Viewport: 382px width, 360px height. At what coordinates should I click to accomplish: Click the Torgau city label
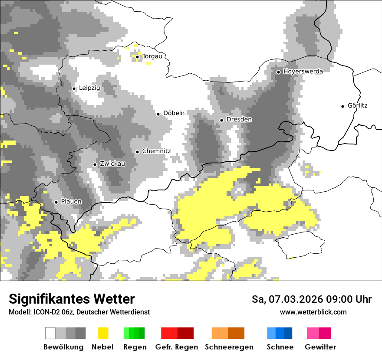152,56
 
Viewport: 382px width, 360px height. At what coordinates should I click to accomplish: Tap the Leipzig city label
89,88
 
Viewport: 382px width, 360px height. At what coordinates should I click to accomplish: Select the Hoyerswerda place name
303,72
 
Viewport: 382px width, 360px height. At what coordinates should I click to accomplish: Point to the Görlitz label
357,105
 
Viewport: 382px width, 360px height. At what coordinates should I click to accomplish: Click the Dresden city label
239,119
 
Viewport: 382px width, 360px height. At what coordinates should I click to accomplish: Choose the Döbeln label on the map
174,113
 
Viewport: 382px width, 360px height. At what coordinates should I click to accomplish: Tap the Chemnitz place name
156,151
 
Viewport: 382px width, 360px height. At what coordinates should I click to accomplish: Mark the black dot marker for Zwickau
95,164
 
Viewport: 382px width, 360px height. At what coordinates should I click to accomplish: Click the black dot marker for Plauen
56,202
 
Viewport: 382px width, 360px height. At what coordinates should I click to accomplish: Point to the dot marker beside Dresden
221,120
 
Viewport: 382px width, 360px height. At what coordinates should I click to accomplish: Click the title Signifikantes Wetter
72,299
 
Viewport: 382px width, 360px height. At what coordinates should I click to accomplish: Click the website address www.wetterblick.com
313,312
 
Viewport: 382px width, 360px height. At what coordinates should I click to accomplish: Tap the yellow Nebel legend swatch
103,333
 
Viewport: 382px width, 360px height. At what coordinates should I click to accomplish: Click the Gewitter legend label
320,347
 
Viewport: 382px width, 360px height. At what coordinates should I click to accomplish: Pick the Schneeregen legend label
229,347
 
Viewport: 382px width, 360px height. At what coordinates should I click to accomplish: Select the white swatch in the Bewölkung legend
50,333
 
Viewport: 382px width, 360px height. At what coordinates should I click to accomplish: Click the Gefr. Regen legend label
177,347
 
